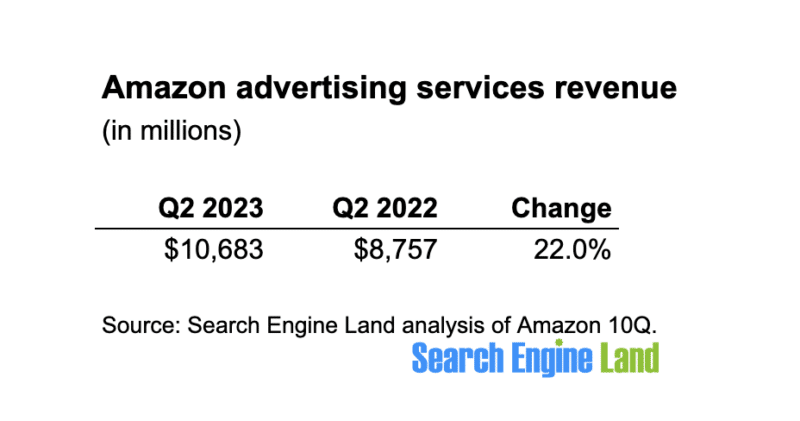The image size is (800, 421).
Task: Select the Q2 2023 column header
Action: pyautogui.click(x=211, y=208)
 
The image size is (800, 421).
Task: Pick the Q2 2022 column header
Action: pyautogui.click(x=385, y=208)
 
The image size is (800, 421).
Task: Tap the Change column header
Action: pyautogui.click(x=561, y=208)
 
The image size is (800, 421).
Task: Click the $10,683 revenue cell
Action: pyautogui.click(x=214, y=248)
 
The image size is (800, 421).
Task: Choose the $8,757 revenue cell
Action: pyautogui.click(x=395, y=248)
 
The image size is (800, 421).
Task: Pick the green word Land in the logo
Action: pyautogui.click(x=632, y=358)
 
